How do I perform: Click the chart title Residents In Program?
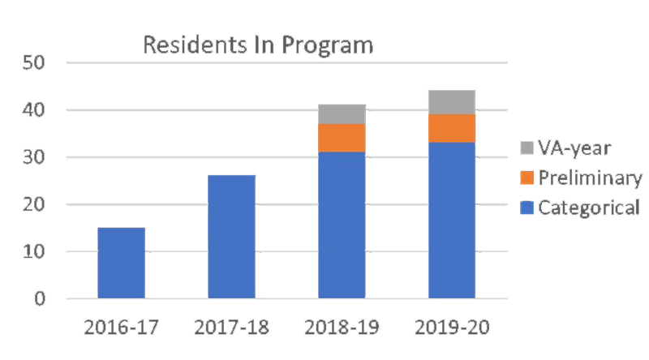[x=258, y=45]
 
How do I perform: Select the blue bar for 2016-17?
[x=121, y=264]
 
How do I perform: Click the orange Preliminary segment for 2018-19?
[x=342, y=138]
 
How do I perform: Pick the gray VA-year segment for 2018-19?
[x=342, y=114]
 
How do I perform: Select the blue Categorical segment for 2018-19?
[x=342, y=225]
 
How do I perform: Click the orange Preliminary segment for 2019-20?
[x=452, y=128]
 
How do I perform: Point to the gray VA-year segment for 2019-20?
[x=452, y=102]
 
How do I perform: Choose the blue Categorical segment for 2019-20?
[x=452, y=221]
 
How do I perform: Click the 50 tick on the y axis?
[x=37, y=63]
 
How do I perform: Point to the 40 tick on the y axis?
[x=37, y=110]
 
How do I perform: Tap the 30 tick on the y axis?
[x=37, y=157]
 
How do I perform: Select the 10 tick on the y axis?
[x=37, y=252]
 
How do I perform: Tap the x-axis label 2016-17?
[x=121, y=328]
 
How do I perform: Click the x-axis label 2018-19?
[x=342, y=328]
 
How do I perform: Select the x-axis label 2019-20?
[x=452, y=328]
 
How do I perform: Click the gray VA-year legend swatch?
[x=526, y=149]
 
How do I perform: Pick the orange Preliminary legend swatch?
[x=526, y=178]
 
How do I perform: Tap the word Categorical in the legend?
[x=589, y=208]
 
